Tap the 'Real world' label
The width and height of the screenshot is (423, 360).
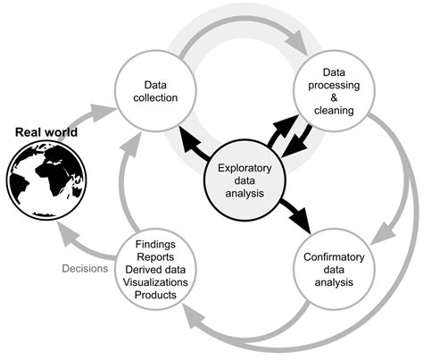46,133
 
